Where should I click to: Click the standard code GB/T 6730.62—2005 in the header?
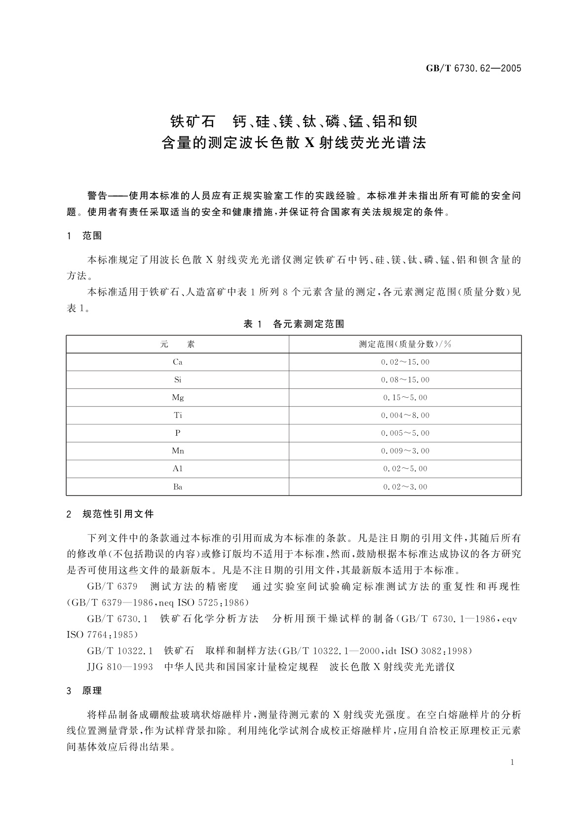pyautogui.click(x=473, y=69)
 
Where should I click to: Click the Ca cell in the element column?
pyautogui.click(x=178, y=362)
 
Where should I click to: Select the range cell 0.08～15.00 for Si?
pyautogui.click(x=405, y=380)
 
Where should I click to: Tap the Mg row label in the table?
pyautogui.click(x=178, y=397)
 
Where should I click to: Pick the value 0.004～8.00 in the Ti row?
pyautogui.click(x=405, y=415)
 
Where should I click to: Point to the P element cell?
pyautogui.click(x=178, y=433)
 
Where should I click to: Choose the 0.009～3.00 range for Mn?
pyautogui.click(x=405, y=451)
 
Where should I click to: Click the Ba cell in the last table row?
pyautogui.click(x=178, y=487)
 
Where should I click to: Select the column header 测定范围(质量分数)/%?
pyautogui.click(x=405, y=344)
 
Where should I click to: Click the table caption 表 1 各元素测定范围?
pyautogui.click(x=294, y=324)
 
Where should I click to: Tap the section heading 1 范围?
pyautogui.click(x=84, y=236)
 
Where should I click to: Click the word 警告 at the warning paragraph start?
pyautogui.click(x=97, y=196)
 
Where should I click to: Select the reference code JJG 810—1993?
pyautogui.click(x=120, y=667)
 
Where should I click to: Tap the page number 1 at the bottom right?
pyautogui.click(x=512, y=762)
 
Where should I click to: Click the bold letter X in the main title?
pyautogui.click(x=309, y=144)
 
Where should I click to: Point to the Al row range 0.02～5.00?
pyautogui.click(x=405, y=469)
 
